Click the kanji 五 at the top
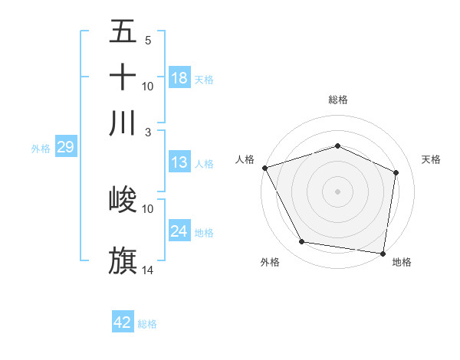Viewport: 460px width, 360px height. pos(123,32)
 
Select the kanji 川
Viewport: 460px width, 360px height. pos(123,123)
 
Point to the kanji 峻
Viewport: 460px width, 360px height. pos(123,200)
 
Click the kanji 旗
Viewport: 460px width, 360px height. pos(123,260)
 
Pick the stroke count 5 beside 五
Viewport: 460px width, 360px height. pos(148,41)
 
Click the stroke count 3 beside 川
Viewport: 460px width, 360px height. pos(148,132)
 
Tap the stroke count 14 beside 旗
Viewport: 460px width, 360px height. pos(148,270)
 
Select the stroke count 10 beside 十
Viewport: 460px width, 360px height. pos(148,86)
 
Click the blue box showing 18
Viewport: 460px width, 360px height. pos(179,77)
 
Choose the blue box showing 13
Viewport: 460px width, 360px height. pos(179,162)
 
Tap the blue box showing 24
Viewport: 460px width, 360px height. pos(179,231)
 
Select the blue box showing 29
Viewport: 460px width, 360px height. pos(64,147)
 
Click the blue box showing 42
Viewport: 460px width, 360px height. pos(123,322)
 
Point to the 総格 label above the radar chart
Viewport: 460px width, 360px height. pos(338,100)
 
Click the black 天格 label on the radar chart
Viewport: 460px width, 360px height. pos(432,159)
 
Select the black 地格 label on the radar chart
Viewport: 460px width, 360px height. pos(402,262)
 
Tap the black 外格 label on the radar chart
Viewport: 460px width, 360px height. pos(270,262)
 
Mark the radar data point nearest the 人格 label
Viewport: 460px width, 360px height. pos(264,168)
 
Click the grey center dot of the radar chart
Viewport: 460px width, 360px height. pos(337,191)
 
